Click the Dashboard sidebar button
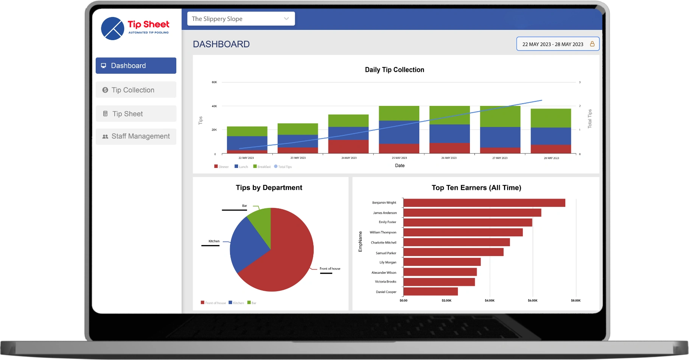pos(136,66)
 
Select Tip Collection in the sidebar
pos(136,90)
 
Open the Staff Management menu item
pos(136,137)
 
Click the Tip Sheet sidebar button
pos(136,114)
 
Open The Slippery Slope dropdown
pos(241,19)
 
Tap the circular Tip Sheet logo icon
pos(113,28)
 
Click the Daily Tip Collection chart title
pos(394,70)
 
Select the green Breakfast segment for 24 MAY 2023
pos(348,121)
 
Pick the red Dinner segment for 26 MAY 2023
pos(449,148)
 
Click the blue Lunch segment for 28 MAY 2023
pos(551,136)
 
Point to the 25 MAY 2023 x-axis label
pos(399,158)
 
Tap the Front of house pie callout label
pos(330,269)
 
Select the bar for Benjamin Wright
pos(484,203)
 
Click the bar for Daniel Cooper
pos(431,292)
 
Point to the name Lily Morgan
pos(388,262)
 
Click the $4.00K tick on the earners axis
pos(489,301)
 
